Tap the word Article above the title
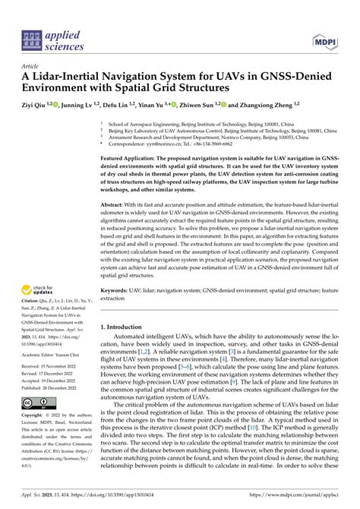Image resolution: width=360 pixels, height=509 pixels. [x=30, y=67]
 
